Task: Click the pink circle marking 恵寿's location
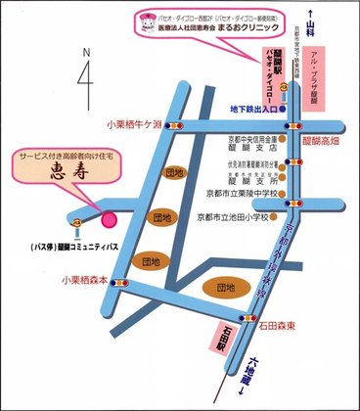point(109,219)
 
